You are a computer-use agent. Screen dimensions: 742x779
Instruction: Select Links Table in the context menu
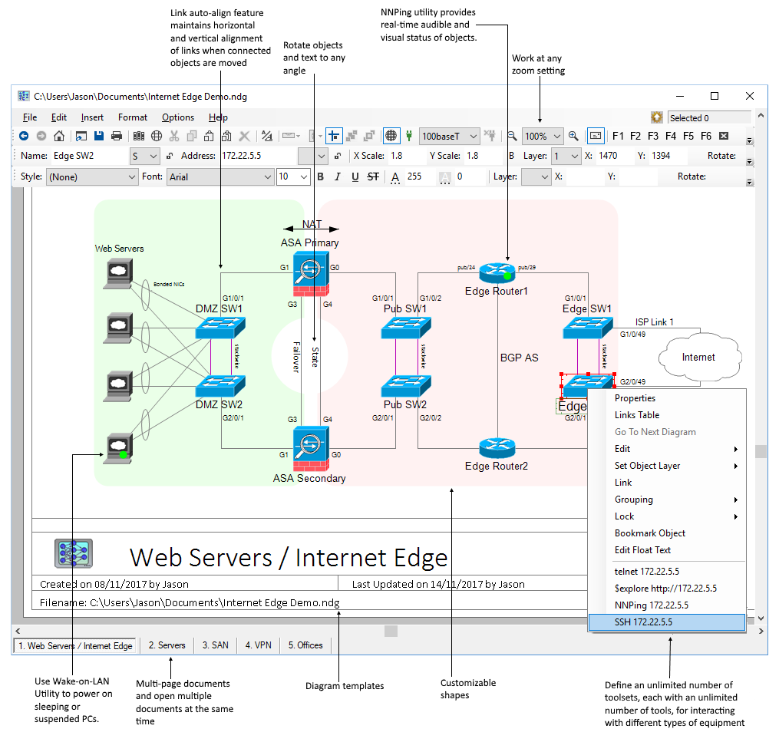pos(637,415)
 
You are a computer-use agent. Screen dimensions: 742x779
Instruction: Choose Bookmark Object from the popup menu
pos(649,533)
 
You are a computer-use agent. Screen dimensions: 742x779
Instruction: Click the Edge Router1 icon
pos(497,272)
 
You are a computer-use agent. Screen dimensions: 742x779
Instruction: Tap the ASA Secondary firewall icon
pos(311,448)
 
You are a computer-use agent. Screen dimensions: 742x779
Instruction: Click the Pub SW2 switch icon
pos(406,385)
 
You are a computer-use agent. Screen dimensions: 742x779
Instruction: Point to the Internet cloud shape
pos(698,357)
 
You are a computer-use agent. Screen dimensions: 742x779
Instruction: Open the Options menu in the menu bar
pos(178,117)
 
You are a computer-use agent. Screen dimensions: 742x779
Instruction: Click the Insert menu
pos(92,117)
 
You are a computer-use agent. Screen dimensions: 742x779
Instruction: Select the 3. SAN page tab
pos(215,645)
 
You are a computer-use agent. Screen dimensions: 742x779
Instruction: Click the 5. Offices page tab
pos(305,645)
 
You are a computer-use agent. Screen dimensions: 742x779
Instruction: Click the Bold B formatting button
pos(321,177)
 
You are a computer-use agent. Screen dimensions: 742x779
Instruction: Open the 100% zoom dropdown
pos(543,136)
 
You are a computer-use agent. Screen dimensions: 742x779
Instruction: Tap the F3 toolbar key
pos(653,136)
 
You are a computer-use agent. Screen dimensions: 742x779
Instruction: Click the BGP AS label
pos(520,358)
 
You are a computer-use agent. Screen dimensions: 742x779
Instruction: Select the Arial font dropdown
pos(220,177)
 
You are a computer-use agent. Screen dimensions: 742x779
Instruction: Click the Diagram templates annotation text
pos(345,686)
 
